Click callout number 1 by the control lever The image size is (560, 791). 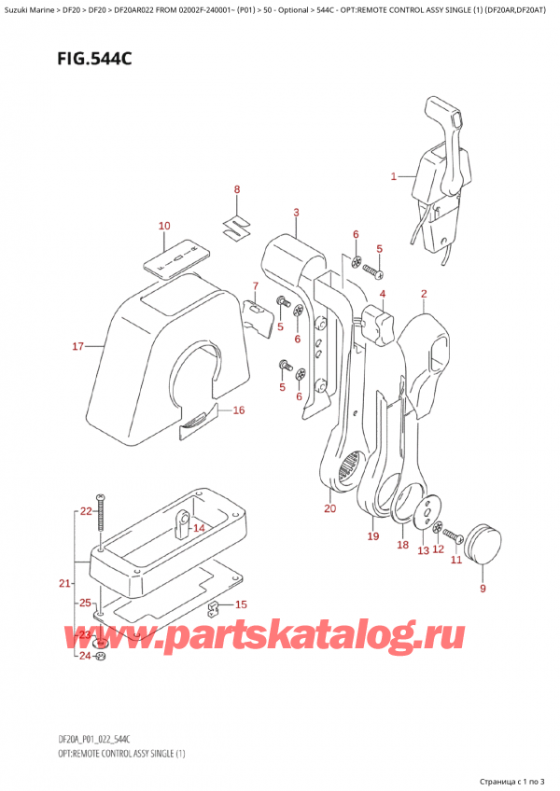pyautogui.click(x=393, y=175)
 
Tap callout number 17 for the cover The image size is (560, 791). pyautogui.click(x=78, y=347)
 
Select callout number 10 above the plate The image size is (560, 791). pyautogui.click(x=164, y=226)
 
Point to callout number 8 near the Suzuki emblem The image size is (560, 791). pyautogui.click(x=237, y=190)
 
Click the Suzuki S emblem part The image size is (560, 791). pyautogui.click(x=235, y=226)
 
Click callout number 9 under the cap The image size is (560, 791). pyautogui.click(x=483, y=588)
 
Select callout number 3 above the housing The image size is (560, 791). pyautogui.click(x=295, y=214)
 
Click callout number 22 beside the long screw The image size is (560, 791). pyautogui.click(x=85, y=511)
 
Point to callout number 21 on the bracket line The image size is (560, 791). pyautogui.click(x=63, y=584)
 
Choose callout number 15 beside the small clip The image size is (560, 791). pyautogui.click(x=240, y=604)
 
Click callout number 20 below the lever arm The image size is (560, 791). pyautogui.click(x=329, y=508)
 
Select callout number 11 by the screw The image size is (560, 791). pyautogui.click(x=456, y=560)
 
